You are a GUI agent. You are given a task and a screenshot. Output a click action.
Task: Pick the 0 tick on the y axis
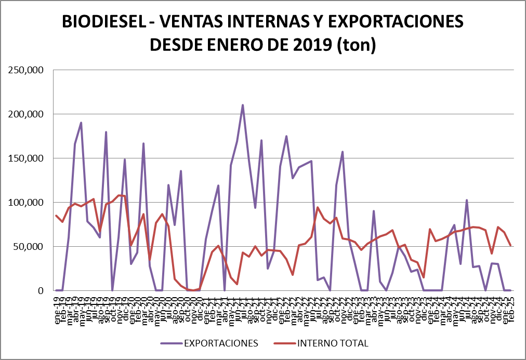click(x=40, y=291)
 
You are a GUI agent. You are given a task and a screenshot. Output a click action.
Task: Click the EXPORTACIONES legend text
click(x=220, y=343)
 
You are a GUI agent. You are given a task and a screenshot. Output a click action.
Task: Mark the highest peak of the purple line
click(x=243, y=105)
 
